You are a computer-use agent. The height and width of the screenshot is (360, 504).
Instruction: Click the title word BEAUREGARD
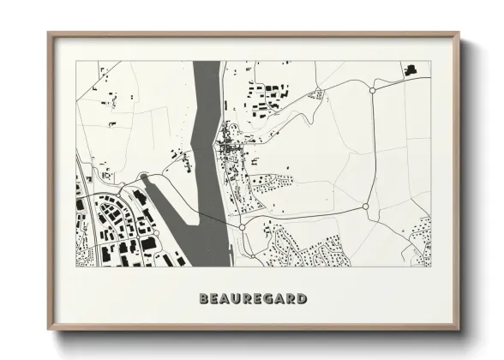tap(253, 299)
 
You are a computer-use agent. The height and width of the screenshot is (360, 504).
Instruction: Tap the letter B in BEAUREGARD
tap(204, 299)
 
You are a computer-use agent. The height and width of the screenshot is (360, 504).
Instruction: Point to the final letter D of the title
tap(303, 299)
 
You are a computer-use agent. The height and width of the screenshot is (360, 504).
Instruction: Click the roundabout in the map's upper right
tap(372, 89)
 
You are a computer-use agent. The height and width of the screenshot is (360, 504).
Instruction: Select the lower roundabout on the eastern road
tap(365, 207)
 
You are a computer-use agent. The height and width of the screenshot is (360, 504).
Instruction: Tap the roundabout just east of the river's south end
tap(243, 227)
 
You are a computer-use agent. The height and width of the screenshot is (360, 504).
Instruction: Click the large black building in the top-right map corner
tap(409, 68)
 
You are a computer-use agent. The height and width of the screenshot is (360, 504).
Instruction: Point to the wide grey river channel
tap(207, 129)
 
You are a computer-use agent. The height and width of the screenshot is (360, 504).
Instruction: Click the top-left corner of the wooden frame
tap(50, 34)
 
